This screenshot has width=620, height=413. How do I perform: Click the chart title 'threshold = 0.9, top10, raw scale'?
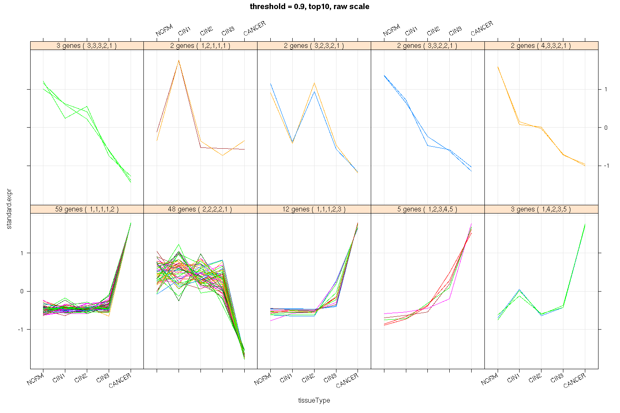[x=310, y=7]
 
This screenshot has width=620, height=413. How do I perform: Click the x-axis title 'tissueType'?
[x=314, y=400]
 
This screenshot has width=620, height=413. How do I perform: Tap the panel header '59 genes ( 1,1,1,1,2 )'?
[x=87, y=209]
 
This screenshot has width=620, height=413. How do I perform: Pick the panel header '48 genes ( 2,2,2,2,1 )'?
[x=200, y=209]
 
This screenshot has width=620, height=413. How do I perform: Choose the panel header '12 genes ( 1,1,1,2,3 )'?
[x=314, y=209]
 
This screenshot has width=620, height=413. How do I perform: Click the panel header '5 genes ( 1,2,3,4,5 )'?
[x=427, y=209]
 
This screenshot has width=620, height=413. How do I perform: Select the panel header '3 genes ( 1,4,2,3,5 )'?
[x=541, y=209]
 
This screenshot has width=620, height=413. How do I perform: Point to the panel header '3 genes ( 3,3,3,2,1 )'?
[x=87, y=46]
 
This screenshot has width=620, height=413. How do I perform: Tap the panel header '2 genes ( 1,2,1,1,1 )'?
[x=200, y=46]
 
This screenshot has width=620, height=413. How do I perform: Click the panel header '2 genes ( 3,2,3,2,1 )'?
[x=314, y=46]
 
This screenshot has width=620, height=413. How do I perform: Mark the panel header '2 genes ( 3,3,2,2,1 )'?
[x=427, y=46]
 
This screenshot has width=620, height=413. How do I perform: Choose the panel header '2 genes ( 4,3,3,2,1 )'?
[x=541, y=46]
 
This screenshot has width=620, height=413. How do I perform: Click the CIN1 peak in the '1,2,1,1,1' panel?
[x=179, y=61]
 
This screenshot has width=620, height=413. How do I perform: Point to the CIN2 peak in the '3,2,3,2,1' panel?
[x=314, y=84]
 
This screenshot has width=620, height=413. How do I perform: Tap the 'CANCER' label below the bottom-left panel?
[x=120, y=380]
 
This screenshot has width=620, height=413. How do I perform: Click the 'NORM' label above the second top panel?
[x=164, y=30]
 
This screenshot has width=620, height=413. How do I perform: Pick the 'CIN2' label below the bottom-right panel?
[x=535, y=378]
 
